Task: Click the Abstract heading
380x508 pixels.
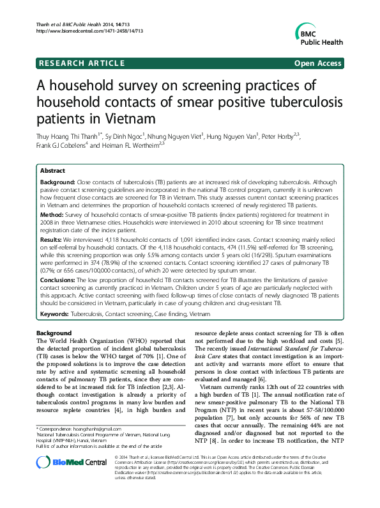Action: pos(52,171)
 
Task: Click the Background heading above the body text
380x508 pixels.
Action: pos(54,333)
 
